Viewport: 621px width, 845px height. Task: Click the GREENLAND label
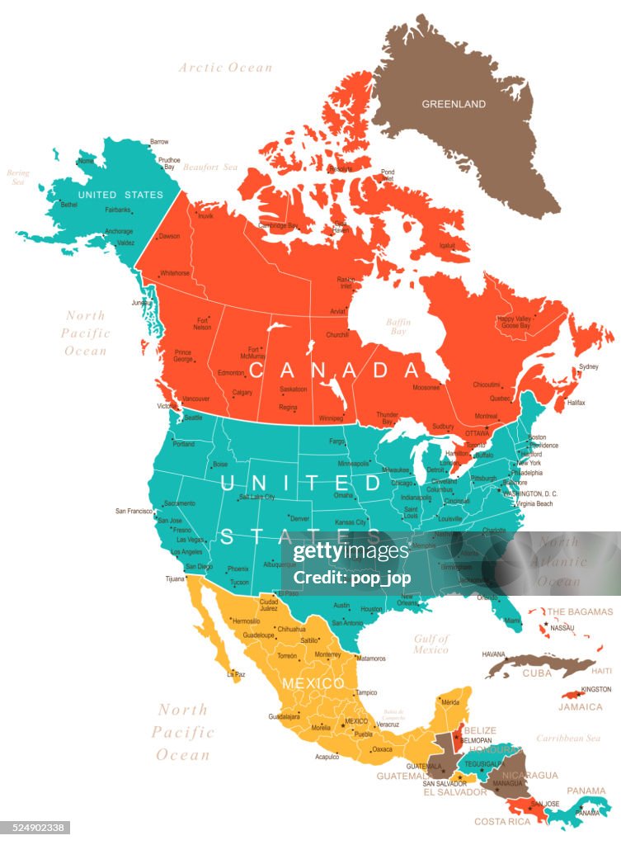pos(454,105)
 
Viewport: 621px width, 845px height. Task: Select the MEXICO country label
pos(313,684)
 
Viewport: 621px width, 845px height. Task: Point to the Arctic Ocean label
pos(225,68)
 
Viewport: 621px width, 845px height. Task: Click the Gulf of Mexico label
pos(431,644)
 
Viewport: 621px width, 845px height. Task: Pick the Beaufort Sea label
pos(211,167)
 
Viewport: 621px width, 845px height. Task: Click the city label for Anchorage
pos(119,231)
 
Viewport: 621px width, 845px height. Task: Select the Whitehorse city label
pos(174,273)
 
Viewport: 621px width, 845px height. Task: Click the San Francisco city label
pos(133,511)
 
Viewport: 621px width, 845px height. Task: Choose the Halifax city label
pos(576,402)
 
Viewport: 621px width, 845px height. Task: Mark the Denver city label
pos(299,518)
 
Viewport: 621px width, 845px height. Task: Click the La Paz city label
pos(235,674)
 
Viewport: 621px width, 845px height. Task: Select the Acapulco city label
pos(327,756)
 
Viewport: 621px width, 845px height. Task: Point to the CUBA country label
pos(537,673)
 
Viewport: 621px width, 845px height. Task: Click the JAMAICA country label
pos(581,707)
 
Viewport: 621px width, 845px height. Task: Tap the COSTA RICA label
pos(502,821)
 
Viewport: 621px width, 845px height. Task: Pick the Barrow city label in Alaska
pos(159,142)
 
